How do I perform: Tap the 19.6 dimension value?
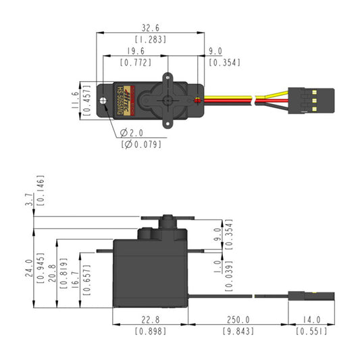pos(134,51)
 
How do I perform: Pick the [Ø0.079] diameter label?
pos(138,144)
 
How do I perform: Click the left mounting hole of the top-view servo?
pos(105,100)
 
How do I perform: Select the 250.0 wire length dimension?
pos(238,319)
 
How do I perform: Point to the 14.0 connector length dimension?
pos(311,319)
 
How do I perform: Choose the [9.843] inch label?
pos(238,331)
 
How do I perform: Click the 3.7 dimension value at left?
pos(29,201)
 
